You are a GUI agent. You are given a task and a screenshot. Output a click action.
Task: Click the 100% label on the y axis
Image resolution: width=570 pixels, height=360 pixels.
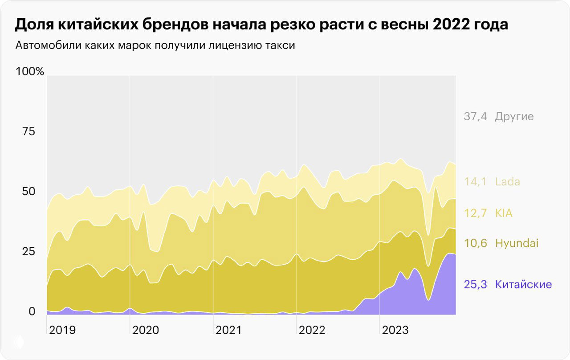30,71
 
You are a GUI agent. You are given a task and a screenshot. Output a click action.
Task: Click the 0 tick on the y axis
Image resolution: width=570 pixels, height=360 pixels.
32,311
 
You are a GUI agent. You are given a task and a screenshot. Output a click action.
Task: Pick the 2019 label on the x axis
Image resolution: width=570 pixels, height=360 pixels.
62,330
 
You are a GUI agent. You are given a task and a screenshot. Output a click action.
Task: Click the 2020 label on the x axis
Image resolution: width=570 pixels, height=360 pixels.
146,330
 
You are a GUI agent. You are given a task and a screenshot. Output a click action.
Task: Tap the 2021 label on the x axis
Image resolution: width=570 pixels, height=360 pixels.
228,330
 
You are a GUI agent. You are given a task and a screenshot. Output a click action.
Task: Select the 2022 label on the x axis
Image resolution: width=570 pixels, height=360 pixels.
312,330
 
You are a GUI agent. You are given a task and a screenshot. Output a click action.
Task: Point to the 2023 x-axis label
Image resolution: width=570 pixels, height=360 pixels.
395,330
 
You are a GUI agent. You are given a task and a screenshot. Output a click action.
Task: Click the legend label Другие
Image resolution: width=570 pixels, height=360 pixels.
514,117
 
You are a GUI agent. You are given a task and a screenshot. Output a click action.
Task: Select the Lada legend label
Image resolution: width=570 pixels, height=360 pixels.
507,182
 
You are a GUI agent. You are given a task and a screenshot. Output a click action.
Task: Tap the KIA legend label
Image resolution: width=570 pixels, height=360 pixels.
504,213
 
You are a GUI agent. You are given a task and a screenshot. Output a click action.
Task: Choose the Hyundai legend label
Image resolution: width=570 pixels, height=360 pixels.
517,243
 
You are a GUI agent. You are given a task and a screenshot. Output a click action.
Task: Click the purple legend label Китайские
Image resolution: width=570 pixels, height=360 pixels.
523,284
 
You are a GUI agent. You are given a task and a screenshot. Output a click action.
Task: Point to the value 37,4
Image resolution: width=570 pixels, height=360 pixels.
475,117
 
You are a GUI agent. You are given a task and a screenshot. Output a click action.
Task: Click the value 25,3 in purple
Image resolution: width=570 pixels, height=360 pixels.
475,284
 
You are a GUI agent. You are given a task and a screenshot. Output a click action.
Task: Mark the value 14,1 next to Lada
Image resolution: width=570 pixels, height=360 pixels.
475,182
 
